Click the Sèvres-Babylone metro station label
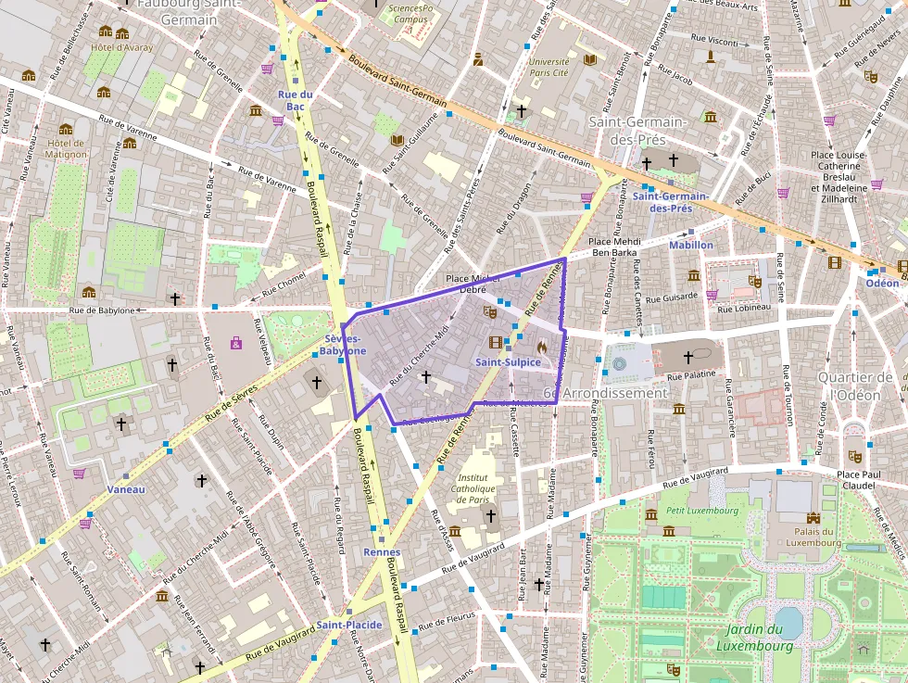343,346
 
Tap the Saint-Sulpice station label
508,362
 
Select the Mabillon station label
691,245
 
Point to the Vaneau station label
125,488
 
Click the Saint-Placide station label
349,625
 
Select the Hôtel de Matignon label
66,148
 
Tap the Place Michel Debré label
473,284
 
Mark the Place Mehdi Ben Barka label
627,247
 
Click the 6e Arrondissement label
604,393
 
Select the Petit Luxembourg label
703,511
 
